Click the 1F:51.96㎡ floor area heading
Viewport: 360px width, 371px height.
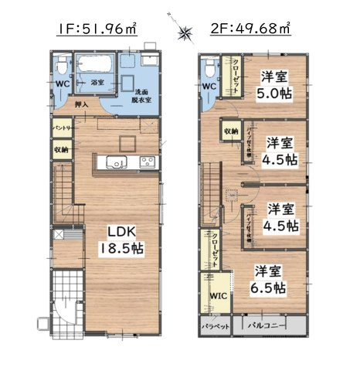(x=96, y=30)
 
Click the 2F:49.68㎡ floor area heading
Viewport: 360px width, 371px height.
(x=250, y=30)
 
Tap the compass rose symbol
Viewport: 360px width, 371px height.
(x=185, y=32)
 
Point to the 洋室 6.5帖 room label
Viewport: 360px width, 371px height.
(x=272, y=279)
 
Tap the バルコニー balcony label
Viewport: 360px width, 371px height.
(x=267, y=326)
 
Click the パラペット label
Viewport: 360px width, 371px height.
(x=213, y=327)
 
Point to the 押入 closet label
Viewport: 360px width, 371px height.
(x=81, y=105)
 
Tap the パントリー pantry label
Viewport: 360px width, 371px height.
(x=63, y=126)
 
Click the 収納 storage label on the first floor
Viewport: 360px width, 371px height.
(x=62, y=148)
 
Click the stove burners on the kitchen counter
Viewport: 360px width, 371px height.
(x=147, y=162)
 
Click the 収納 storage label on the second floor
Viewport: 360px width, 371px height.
(x=231, y=132)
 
